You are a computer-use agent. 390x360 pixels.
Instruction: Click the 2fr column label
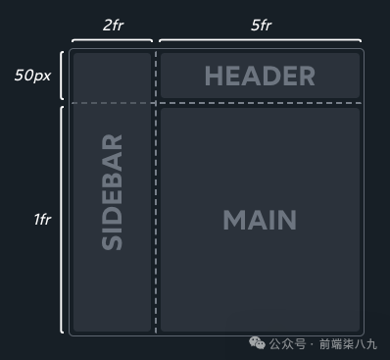(x=113, y=26)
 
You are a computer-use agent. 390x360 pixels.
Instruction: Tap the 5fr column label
(x=261, y=26)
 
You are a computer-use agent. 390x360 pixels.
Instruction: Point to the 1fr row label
(x=42, y=219)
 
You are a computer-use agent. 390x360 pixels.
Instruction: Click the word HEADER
(x=260, y=76)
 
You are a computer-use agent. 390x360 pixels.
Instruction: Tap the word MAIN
(x=260, y=220)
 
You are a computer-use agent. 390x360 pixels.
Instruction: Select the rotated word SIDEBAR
(x=112, y=192)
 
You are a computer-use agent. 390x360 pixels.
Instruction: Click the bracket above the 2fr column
(x=112, y=40)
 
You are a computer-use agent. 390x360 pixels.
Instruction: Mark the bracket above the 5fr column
(x=260, y=40)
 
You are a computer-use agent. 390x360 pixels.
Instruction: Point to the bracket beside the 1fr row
(x=62, y=220)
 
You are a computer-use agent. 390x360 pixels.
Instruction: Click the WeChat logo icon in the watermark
(x=257, y=343)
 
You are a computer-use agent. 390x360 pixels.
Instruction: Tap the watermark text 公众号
(x=287, y=344)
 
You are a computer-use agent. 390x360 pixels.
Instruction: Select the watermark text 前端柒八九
(x=348, y=344)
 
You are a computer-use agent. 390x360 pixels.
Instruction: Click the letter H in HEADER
(x=214, y=76)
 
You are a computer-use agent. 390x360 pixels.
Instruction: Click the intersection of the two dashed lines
(x=156, y=103)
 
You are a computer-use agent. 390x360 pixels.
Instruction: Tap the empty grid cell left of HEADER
(x=112, y=76)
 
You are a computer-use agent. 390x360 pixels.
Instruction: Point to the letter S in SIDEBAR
(x=112, y=242)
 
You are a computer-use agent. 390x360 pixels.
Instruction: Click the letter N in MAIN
(x=287, y=220)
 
